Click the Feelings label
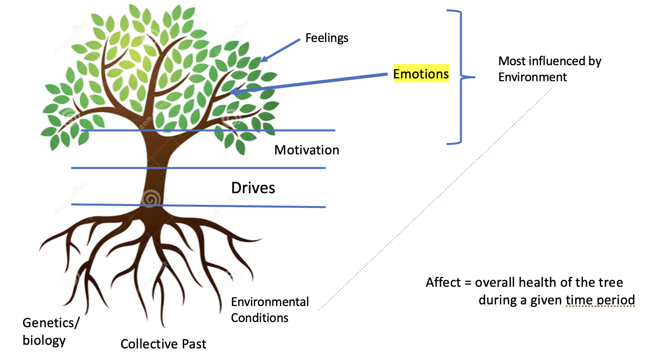326,38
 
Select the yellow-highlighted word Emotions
421,74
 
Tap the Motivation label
306,150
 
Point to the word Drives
253,188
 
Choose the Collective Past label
163,344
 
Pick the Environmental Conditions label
270,310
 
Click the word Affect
443,282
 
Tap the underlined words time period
600,300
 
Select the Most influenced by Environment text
549,69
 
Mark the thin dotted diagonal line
436,200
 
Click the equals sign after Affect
468,283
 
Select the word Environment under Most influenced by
532,77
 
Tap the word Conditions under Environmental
259,318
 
